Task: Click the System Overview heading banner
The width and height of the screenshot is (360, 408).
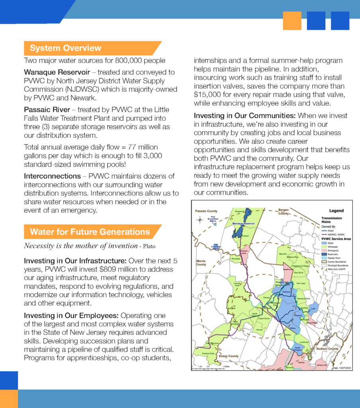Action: pyautogui.click(x=66, y=48)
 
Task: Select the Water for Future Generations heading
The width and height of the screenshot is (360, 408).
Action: pyautogui.click(x=90, y=232)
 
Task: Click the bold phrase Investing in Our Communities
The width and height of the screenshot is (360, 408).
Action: pyautogui.click(x=245, y=116)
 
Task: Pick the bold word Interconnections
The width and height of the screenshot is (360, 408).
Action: pyautogui.click(x=52, y=176)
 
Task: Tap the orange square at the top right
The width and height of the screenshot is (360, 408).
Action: pyautogui.click(x=292, y=21)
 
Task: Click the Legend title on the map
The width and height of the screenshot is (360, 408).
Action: pyautogui.click(x=336, y=211)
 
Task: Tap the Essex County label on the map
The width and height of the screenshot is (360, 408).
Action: pyautogui.click(x=228, y=356)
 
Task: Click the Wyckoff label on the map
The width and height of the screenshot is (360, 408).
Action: pyautogui.click(x=284, y=253)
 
